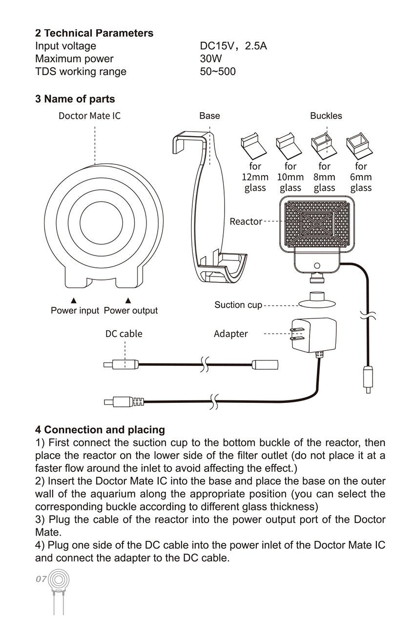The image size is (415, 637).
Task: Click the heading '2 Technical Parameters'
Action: pyautogui.click(x=94, y=33)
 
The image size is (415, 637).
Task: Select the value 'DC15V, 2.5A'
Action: pyautogui.click(x=233, y=46)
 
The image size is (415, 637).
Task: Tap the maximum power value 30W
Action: pyautogui.click(x=211, y=59)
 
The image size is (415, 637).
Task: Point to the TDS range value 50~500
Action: pyautogui.click(x=218, y=72)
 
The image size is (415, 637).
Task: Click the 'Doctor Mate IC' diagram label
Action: pyautogui.click(x=89, y=116)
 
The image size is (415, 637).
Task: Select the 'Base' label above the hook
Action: pyautogui.click(x=209, y=116)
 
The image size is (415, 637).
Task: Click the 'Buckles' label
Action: pyautogui.click(x=326, y=116)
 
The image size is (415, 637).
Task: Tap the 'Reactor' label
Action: pyautogui.click(x=246, y=221)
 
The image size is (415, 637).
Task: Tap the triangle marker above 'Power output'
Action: pyautogui.click(x=128, y=300)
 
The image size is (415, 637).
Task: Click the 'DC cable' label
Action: pyautogui.click(x=124, y=334)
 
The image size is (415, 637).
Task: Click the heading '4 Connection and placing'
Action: pyautogui.click(x=100, y=430)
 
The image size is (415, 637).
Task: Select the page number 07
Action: pyautogui.click(x=41, y=579)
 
